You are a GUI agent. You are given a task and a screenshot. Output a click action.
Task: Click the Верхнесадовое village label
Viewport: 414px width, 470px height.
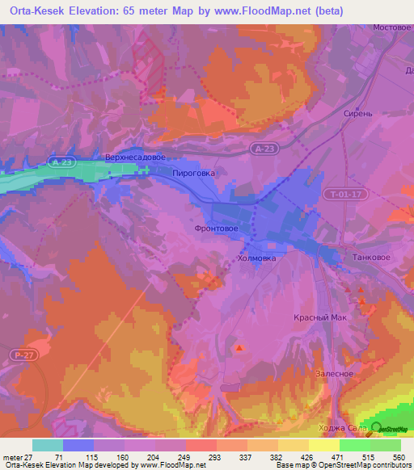coord(135,157)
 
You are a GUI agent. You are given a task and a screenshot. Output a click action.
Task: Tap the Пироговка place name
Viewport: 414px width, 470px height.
coord(194,173)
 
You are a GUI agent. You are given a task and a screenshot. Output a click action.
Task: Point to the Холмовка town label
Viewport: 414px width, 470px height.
coord(257,259)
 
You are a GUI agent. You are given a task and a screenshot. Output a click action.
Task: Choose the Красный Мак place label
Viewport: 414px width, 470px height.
coord(319,317)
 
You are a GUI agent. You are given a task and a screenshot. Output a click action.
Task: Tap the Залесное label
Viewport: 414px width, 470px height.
coord(333,373)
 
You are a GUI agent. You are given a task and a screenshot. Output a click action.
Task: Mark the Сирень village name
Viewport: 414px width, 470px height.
coord(357,114)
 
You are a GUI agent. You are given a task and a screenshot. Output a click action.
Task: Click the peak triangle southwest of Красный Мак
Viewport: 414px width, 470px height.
coord(239,348)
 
